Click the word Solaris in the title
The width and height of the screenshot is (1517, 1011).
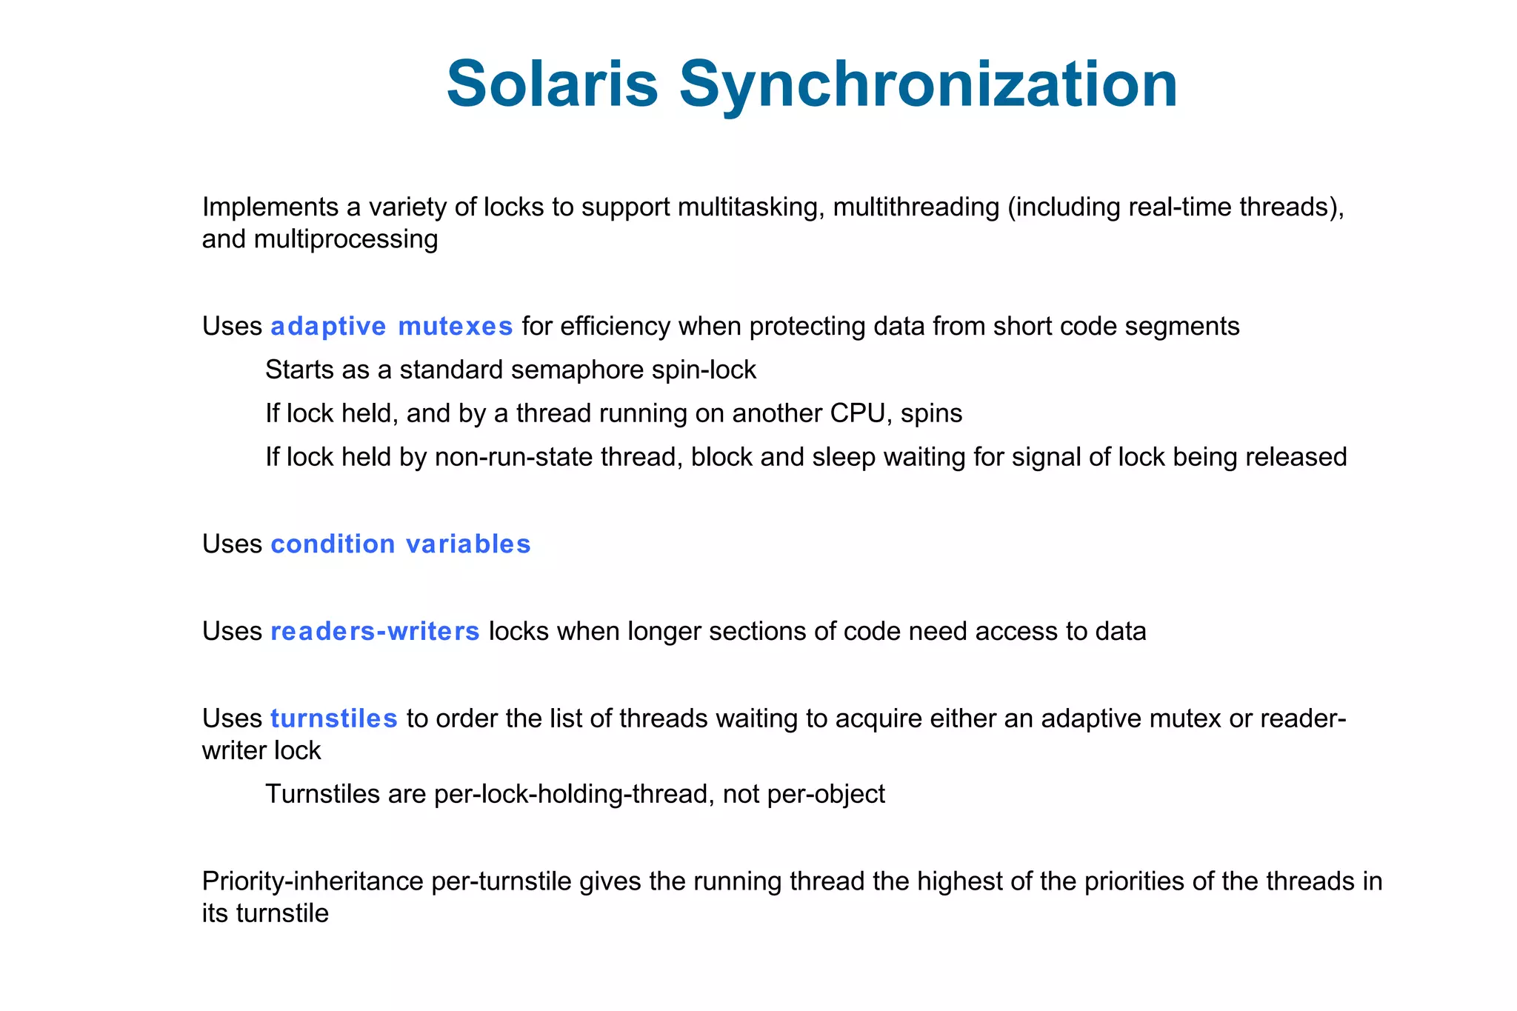pyautogui.click(x=552, y=84)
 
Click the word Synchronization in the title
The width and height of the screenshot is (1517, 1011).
pyautogui.click(x=928, y=85)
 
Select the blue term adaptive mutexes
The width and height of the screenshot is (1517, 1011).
pyautogui.click(x=391, y=327)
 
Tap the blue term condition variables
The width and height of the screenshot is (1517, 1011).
pyautogui.click(x=401, y=544)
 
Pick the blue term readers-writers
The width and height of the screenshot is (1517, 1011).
pyautogui.click(x=375, y=631)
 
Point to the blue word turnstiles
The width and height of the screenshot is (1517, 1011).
pyautogui.click(x=334, y=718)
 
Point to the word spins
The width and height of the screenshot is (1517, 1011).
pyautogui.click(x=931, y=413)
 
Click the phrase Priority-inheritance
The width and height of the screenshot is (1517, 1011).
pyautogui.click(x=313, y=881)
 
